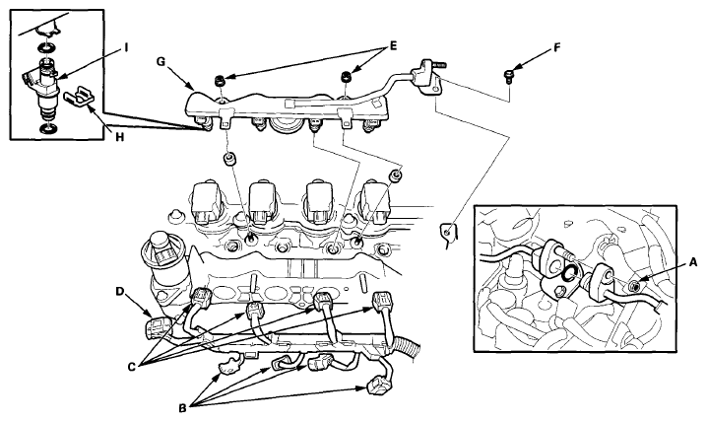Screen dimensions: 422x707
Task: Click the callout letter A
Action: click(693, 262)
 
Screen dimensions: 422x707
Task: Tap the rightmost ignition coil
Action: click(380, 201)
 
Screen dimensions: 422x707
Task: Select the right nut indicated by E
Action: click(346, 76)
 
